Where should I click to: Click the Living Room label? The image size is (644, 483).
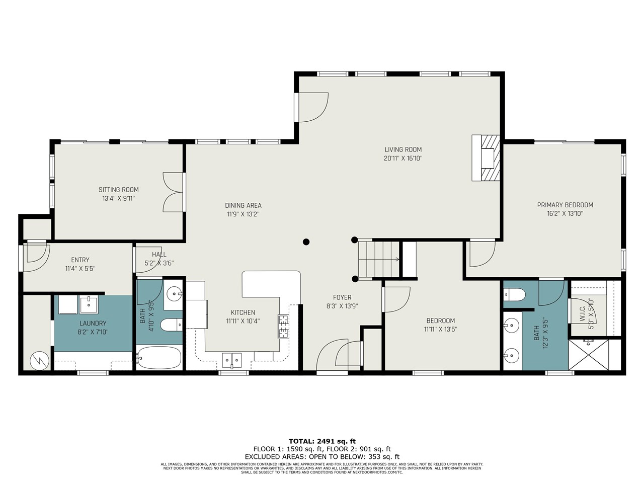403,149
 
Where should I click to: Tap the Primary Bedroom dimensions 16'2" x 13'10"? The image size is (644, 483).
565,213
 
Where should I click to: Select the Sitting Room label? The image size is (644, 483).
118,190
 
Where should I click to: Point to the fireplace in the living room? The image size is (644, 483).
486,157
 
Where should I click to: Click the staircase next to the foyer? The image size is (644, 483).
378,259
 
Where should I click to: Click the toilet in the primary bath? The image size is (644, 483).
514,294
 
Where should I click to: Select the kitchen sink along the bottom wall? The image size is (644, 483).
231,360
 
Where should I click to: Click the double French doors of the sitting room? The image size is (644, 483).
174,192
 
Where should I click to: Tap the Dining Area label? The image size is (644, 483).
243,205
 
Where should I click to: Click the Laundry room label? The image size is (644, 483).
93,323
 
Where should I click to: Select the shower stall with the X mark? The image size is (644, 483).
588,355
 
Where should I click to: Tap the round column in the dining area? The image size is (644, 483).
306,242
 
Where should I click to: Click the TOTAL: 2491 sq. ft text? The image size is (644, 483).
322,441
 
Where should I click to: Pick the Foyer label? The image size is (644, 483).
342,297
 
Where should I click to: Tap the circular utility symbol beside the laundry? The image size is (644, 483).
38,360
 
